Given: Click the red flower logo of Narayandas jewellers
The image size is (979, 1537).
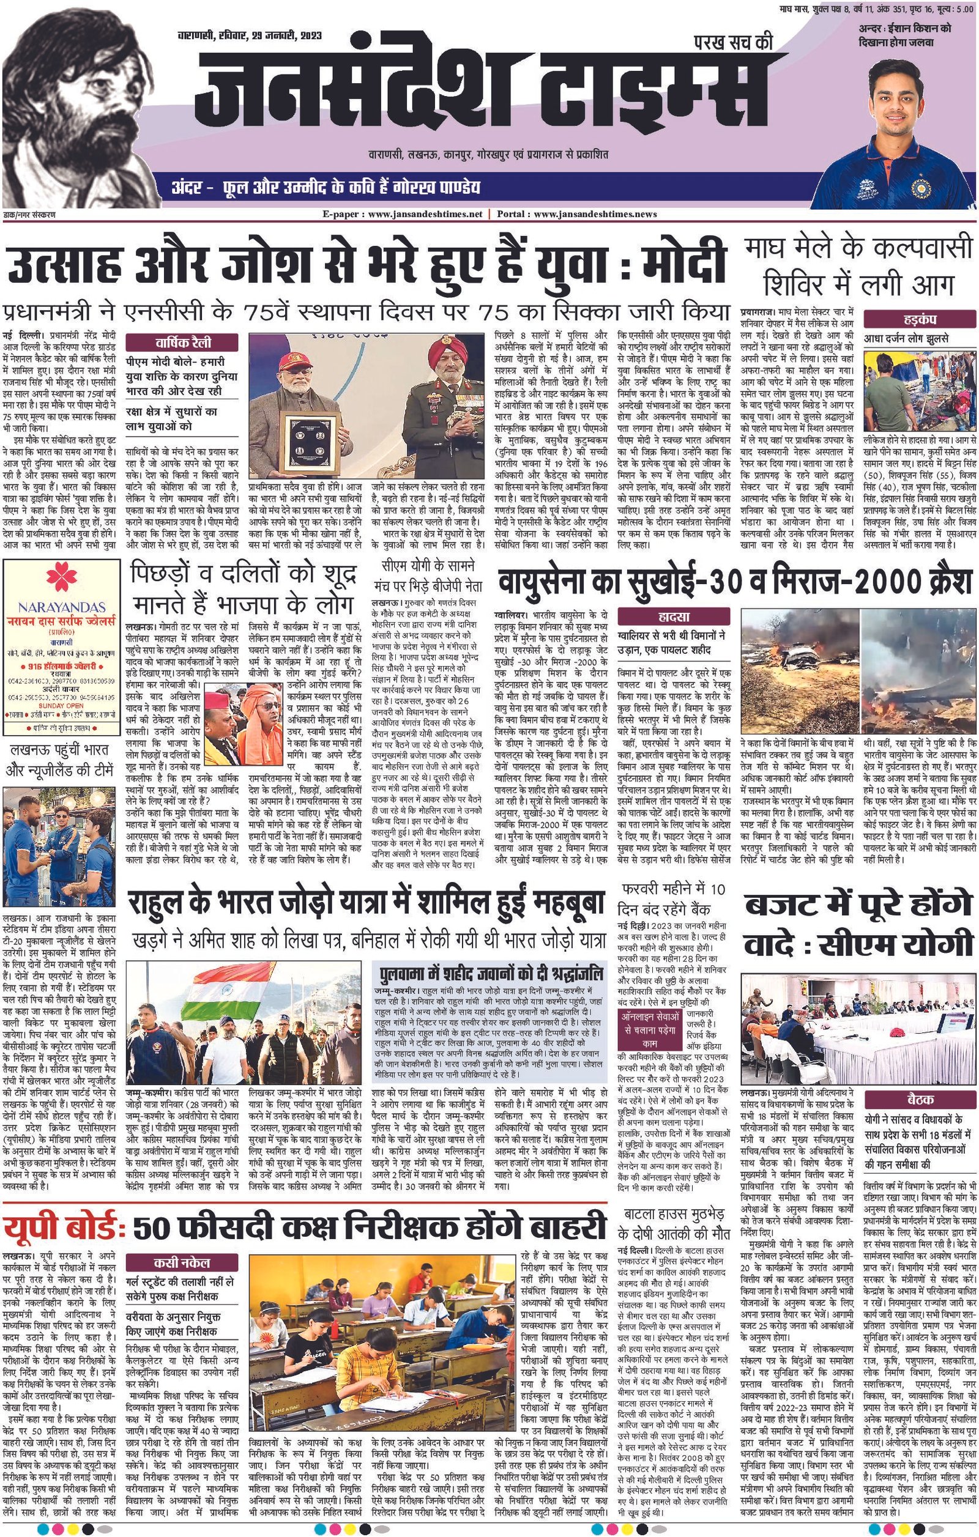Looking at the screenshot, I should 61,577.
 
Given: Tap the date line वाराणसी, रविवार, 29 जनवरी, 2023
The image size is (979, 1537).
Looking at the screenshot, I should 250,35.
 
